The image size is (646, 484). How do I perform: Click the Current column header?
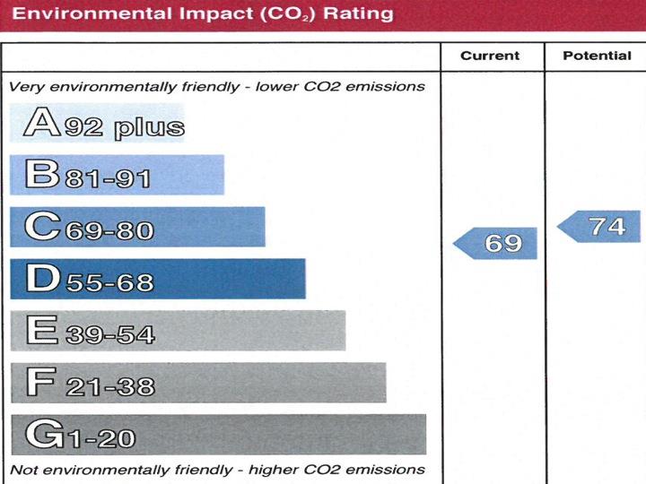(490, 56)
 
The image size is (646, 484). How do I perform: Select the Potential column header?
(597, 56)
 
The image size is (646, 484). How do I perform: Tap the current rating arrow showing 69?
(498, 243)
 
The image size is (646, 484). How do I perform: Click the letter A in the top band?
(41, 123)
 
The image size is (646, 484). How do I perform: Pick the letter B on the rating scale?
(41, 174)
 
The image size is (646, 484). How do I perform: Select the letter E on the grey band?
(41, 330)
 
